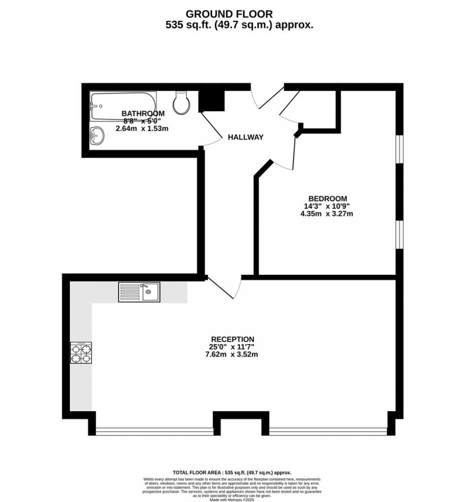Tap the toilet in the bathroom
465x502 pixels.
[x=182, y=102]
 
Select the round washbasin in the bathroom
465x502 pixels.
[x=97, y=135]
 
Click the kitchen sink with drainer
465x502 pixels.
[x=139, y=292]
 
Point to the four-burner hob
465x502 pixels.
[x=81, y=353]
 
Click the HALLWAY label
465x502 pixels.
[x=245, y=137]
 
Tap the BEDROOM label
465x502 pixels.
[x=327, y=198]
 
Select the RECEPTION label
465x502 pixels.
[x=232, y=339]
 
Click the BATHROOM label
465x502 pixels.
[x=143, y=113]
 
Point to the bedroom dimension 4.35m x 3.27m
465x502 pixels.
[x=327, y=214]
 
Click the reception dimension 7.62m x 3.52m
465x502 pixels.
[x=232, y=354]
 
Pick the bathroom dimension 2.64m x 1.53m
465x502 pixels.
[x=142, y=129]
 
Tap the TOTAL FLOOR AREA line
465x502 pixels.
[x=232, y=473]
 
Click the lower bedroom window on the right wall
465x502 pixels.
[x=400, y=234]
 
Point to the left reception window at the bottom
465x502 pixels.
[x=154, y=431]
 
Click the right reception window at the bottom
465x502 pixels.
[x=328, y=431]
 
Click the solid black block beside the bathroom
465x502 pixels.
[x=212, y=100]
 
